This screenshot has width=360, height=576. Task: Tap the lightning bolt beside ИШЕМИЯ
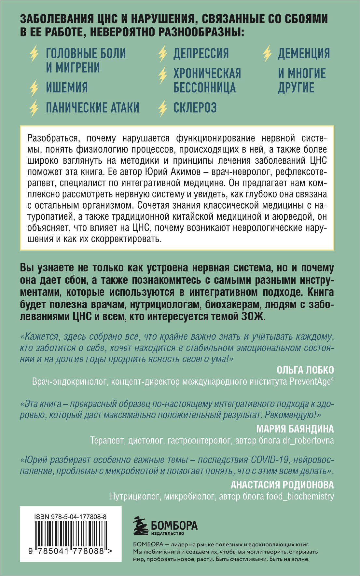[x=34, y=88]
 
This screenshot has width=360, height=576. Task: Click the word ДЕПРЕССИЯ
[x=201, y=54]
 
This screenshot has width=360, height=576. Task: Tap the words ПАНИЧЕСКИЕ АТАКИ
[x=92, y=108]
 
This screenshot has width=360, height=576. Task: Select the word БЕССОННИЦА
[x=204, y=88]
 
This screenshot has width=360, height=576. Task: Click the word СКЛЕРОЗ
[x=195, y=108]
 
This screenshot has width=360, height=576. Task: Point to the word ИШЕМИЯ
[x=67, y=88]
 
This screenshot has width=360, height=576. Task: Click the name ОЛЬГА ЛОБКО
[x=305, y=370]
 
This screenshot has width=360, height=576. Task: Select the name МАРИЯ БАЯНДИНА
[x=295, y=429]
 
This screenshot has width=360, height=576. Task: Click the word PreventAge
[x=310, y=382]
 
